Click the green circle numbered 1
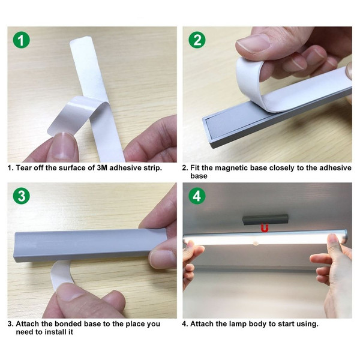pyautogui.click(x=22, y=40)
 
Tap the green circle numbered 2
pyautogui.click(x=196, y=40)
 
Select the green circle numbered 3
pyautogui.click(x=22, y=196)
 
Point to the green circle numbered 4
pyautogui.click(x=196, y=196)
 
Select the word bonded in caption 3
pyautogui.click(x=67, y=324)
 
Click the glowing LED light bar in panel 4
pyautogui.click(x=264, y=240)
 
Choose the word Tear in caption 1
pyautogui.click(x=25, y=168)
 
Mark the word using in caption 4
pyautogui.click(x=307, y=324)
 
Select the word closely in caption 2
pyautogui.click(x=284, y=168)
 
